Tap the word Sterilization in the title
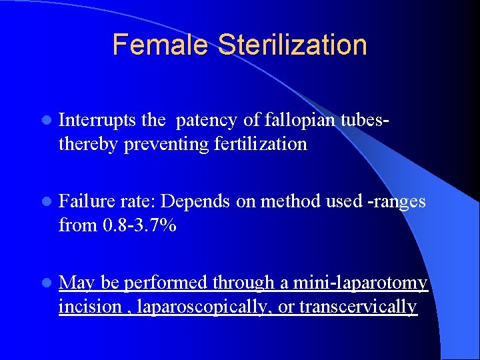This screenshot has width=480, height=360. tap(293, 45)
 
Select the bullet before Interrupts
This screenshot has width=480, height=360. tap(45, 121)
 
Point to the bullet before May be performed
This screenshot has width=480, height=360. tap(45, 283)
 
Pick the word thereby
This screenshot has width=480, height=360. tap(89, 144)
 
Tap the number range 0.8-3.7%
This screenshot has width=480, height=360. tap(139, 225)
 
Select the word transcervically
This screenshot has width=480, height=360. tap(358, 307)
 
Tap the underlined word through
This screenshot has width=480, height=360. tap(243, 283)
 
